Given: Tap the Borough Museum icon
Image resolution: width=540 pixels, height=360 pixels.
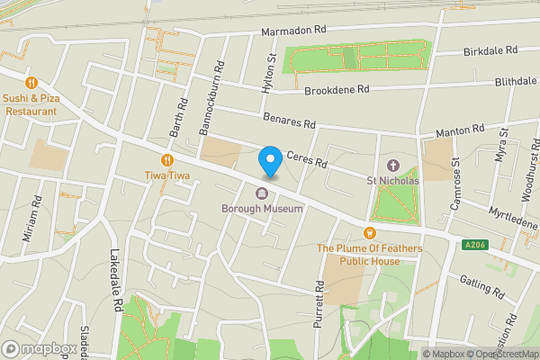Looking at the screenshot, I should pos(262,193).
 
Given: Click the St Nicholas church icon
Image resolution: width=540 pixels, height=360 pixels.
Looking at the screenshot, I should pos(392,166).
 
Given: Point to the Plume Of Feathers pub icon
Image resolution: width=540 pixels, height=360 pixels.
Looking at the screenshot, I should pos(369,233).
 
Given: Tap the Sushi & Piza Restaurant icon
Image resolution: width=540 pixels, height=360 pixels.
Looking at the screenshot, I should pos(30,81).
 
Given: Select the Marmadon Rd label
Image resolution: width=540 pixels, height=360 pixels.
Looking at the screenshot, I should pos(292,31).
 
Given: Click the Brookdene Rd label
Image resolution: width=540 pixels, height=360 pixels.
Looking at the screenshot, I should pos(337,90).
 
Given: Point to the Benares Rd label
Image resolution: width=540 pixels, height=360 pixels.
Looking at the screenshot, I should pos(290,119).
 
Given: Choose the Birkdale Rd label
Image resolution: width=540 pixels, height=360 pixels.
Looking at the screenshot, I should pos(491,50).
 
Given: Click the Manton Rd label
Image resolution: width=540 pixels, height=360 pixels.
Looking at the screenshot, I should pos(460,131).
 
